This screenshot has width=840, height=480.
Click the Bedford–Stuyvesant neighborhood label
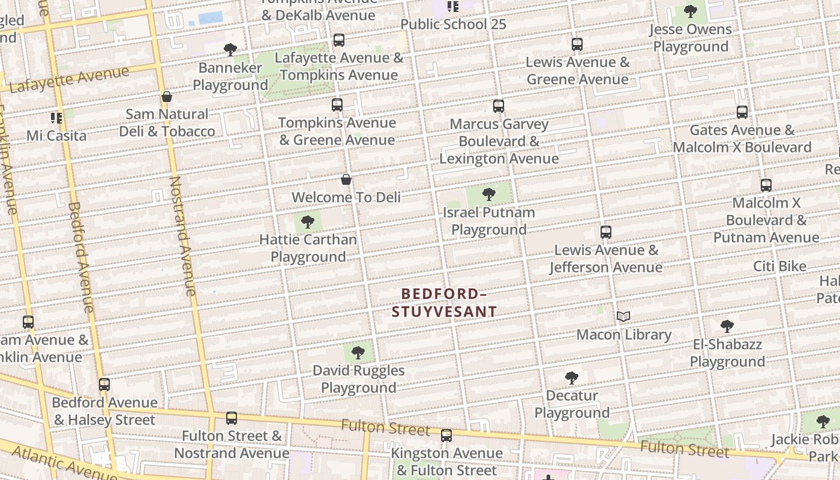444,302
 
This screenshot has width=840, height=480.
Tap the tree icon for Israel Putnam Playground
489,194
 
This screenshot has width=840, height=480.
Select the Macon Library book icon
623,316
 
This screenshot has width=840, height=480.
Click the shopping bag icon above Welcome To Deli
346,179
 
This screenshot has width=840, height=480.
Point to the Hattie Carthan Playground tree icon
308,222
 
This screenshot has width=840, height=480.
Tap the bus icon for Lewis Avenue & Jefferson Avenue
606,232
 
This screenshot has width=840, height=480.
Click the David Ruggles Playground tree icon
358,353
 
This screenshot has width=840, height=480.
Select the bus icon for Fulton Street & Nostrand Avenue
232,418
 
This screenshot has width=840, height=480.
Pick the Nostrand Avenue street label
183,236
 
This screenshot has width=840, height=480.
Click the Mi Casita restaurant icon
56,118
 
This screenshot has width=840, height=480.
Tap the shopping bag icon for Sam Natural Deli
167,97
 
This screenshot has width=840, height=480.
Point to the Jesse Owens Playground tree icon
691,11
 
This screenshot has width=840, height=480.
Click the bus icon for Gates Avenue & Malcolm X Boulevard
742,112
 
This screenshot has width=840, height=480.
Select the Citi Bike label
780,266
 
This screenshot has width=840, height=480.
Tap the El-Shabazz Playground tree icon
727,326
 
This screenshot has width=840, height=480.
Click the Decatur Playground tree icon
572,378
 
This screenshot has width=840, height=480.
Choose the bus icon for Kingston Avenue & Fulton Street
446,436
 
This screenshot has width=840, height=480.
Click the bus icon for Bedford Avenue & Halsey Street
104,385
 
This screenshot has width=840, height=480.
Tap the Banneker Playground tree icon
230,50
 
